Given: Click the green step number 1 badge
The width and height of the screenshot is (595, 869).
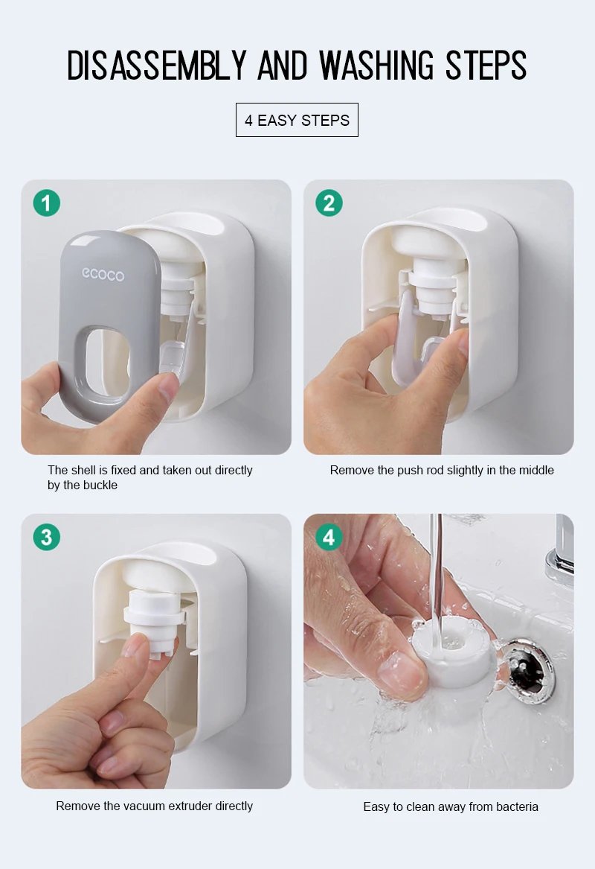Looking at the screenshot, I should (x=46, y=203).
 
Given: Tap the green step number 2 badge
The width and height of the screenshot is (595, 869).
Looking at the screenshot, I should (x=329, y=203).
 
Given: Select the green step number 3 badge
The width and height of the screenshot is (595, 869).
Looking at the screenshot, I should (x=46, y=537).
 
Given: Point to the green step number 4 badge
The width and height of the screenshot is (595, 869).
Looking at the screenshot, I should (x=329, y=537).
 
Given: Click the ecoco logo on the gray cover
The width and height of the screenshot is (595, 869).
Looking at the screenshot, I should (x=103, y=275).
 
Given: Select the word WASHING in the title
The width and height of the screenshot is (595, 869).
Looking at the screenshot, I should (x=379, y=66).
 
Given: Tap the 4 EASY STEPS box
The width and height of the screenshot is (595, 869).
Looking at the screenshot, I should (x=297, y=120).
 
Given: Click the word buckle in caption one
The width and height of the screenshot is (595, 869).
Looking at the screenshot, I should (x=100, y=486).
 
